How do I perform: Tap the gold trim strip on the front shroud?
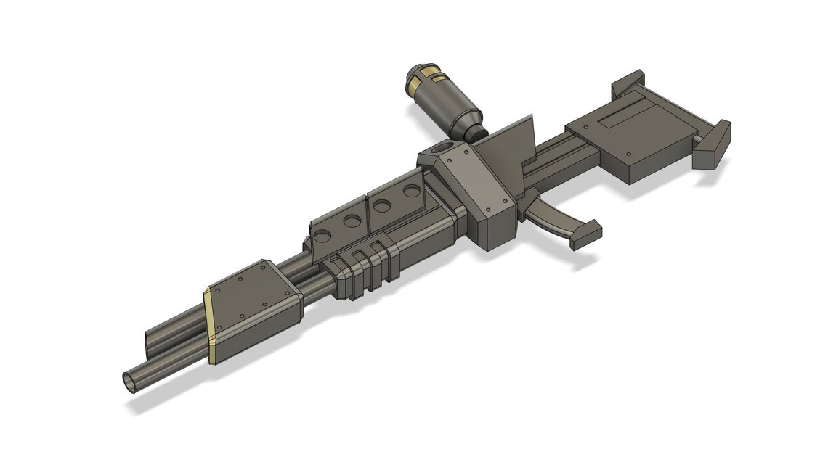coord(208,324)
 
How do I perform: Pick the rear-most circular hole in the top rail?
coord(412,192)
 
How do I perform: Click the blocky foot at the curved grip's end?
coord(585,234)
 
